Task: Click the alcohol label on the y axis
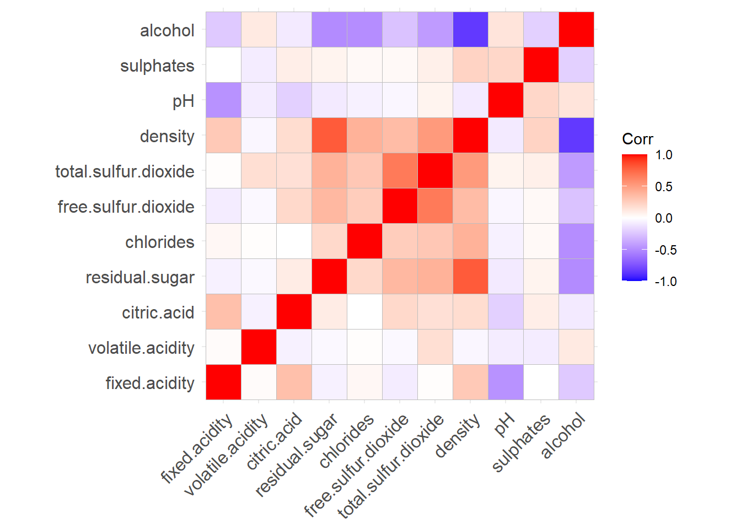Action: (x=167, y=30)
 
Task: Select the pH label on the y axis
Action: (x=183, y=101)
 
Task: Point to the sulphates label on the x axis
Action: (x=521, y=443)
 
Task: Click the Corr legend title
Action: (x=637, y=139)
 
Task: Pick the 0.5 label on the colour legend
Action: (x=664, y=187)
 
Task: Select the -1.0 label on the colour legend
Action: (x=665, y=282)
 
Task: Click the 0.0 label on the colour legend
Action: (x=664, y=218)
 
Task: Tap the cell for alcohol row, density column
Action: (x=470, y=30)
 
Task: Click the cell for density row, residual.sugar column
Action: (x=329, y=136)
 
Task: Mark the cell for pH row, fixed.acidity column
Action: (x=223, y=100)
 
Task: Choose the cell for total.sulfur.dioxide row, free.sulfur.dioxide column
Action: (x=400, y=171)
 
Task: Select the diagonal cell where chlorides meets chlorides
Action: (x=364, y=241)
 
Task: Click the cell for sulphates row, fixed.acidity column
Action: (x=223, y=65)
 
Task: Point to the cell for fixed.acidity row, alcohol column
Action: (x=576, y=382)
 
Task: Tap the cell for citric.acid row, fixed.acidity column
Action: (x=223, y=312)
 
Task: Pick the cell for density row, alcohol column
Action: (x=576, y=136)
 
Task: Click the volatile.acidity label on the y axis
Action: (x=141, y=348)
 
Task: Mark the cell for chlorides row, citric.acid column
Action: (x=294, y=241)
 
